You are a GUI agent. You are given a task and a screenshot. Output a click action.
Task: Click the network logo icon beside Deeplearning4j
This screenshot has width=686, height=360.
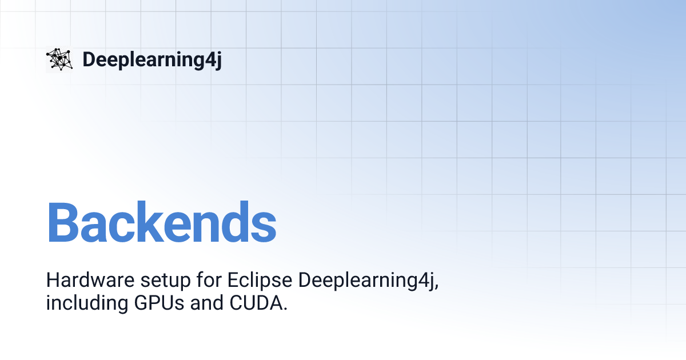(x=59, y=59)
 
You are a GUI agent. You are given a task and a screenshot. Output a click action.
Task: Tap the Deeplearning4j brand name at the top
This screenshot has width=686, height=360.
(x=151, y=59)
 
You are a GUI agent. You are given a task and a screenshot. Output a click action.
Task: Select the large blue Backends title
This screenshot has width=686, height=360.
(x=161, y=223)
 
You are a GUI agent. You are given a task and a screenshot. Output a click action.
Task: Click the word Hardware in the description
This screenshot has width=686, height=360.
(x=82, y=281)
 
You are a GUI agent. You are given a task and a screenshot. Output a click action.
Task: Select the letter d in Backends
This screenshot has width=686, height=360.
(x=236, y=223)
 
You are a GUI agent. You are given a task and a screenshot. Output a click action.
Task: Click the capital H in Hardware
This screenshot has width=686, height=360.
(x=53, y=281)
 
